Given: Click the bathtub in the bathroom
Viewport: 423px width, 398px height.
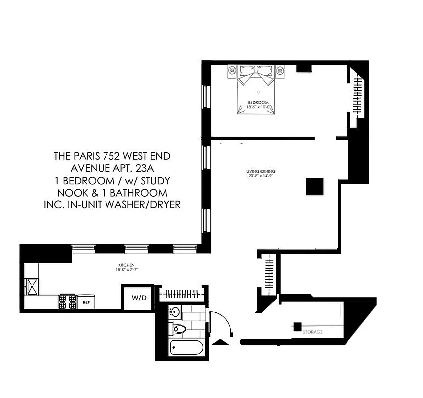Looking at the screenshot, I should [186, 347].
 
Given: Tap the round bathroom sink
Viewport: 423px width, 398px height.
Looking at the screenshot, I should [176, 312].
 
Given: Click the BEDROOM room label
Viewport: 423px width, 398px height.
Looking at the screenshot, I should [258, 103].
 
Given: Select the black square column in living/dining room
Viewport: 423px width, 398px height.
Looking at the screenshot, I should [315, 187].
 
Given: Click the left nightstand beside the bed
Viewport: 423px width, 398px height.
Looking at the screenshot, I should [233, 72].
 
